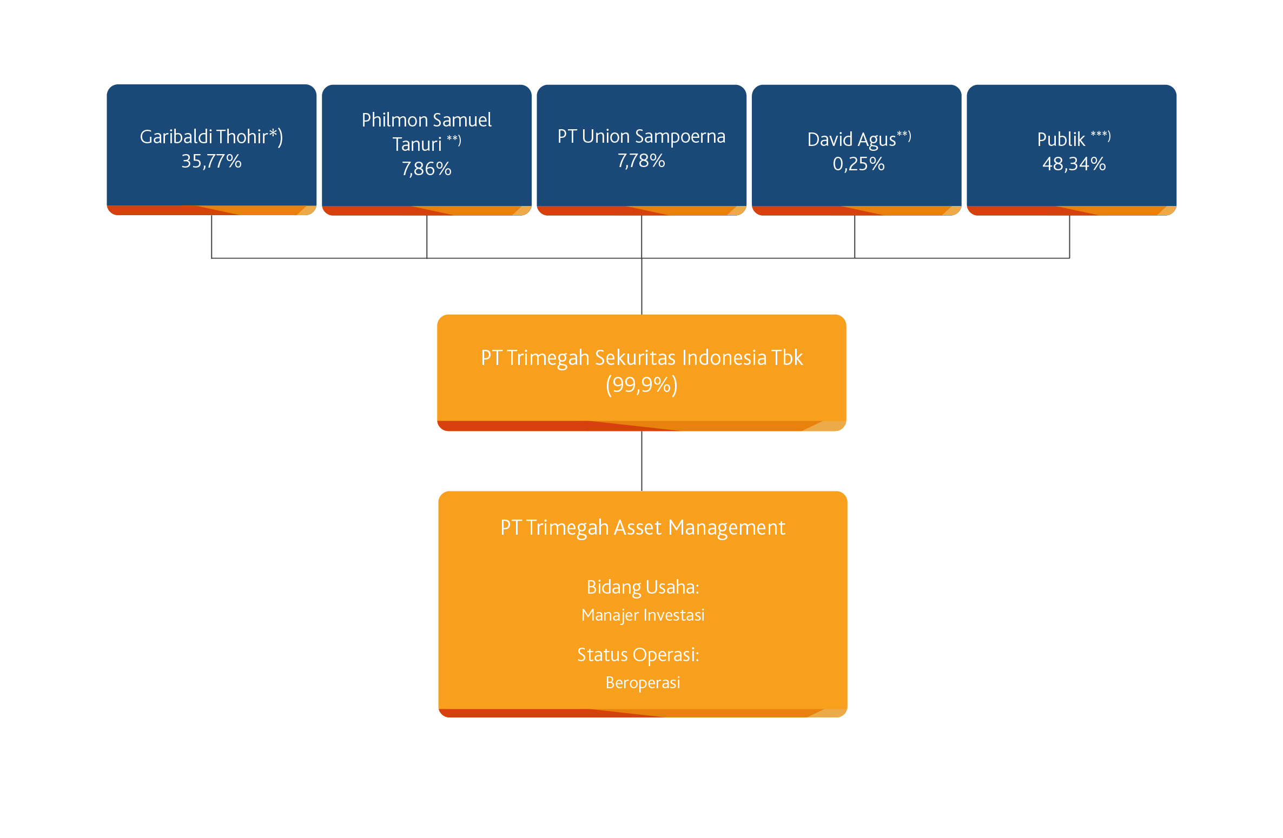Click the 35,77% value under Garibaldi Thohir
[x=211, y=161]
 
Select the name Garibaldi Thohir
[x=204, y=137]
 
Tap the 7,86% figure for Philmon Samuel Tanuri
[x=426, y=169]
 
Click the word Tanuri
[x=417, y=144]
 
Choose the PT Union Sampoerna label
[x=641, y=137]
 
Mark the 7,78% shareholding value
[x=641, y=161]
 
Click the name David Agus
[x=851, y=139]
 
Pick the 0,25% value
[x=858, y=164]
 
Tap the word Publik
[x=1061, y=139]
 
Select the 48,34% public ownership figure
[x=1074, y=164]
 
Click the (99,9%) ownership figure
[x=641, y=385]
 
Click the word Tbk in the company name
[x=787, y=358]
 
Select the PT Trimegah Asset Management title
[x=643, y=528]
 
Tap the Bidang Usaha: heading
[x=643, y=588]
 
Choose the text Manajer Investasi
[x=643, y=615]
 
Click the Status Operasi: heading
[x=638, y=655]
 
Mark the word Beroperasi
[x=643, y=683]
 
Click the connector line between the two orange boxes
[x=641, y=461]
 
